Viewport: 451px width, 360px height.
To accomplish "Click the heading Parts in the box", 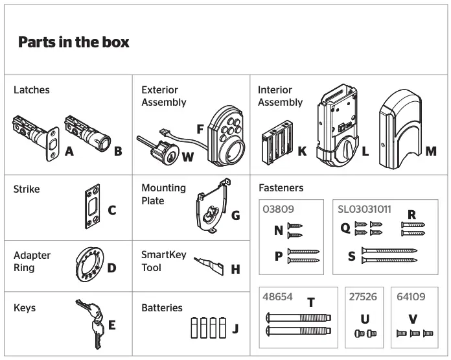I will (73, 43).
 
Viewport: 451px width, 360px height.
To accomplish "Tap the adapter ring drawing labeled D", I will (90, 264).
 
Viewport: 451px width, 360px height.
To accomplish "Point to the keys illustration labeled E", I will (89, 322).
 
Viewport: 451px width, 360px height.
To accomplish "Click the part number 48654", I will (277, 297).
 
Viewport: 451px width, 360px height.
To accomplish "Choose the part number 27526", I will (364, 297).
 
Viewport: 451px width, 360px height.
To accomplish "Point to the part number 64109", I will (411, 297).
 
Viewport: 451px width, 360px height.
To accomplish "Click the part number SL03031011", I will (364, 210).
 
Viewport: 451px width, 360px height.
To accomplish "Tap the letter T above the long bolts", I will (311, 302).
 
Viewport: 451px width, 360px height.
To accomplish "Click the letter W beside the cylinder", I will (187, 156).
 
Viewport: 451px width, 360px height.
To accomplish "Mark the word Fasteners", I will (281, 188).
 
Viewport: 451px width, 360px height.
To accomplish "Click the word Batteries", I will (162, 308).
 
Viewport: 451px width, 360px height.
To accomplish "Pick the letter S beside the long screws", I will (352, 256).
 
